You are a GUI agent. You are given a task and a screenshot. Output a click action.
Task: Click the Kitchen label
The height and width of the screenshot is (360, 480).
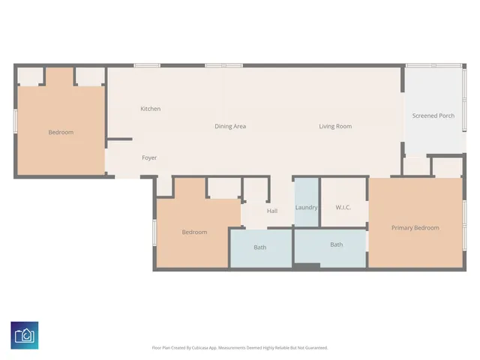click(x=150, y=109)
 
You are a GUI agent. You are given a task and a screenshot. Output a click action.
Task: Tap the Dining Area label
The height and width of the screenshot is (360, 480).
click(x=230, y=126)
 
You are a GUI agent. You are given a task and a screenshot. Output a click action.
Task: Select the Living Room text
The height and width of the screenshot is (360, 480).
click(x=334, y=126)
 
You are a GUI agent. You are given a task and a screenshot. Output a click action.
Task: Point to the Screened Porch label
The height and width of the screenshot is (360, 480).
click(x=433, y=115)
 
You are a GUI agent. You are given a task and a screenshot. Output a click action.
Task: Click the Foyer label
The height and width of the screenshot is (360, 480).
click(x=149, y=157)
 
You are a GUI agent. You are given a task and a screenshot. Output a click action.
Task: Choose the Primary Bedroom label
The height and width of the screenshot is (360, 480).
click(x=415, y=227)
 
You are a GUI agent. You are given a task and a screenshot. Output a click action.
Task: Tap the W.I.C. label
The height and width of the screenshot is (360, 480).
click(x=343, y=207)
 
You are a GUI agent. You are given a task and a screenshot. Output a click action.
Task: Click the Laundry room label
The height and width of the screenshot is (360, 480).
click(x=306, y=207)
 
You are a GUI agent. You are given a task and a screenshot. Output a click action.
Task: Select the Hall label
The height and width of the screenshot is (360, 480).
click(x=272, y=211)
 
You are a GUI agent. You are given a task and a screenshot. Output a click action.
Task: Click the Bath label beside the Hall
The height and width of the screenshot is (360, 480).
click(x=259, y=247)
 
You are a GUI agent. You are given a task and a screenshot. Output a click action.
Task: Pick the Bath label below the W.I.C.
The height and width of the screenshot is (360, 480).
click(x=336, y=244)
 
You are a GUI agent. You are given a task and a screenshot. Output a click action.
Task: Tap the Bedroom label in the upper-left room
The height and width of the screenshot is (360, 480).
click(x=61, y=132)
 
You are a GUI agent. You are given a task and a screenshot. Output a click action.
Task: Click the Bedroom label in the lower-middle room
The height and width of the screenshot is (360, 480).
click(x=194, y=232)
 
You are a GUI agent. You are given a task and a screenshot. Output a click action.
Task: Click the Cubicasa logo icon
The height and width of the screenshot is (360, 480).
click(x=25, y=334)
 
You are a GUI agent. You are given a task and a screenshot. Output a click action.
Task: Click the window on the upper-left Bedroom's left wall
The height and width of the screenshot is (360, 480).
click(x=15, y=121)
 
